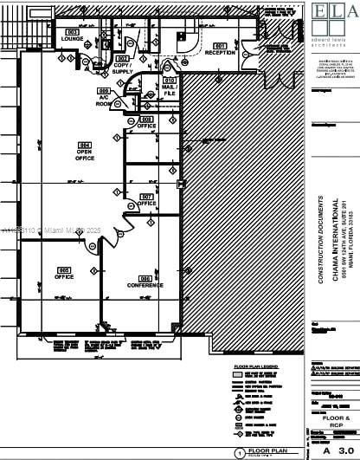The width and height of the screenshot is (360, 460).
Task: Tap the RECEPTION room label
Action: point(220,52)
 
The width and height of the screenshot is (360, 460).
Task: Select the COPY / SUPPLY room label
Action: point(122,67)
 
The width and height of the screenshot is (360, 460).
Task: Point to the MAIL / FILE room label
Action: point(170,88)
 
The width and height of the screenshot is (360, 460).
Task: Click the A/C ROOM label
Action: point(104,99)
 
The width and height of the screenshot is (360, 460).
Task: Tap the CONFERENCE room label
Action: point(145,285)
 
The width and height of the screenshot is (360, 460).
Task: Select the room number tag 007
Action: point(147,196)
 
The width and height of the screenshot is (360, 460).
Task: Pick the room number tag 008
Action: point(147,119)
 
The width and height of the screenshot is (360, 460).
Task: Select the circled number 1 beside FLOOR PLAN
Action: point(239,451)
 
